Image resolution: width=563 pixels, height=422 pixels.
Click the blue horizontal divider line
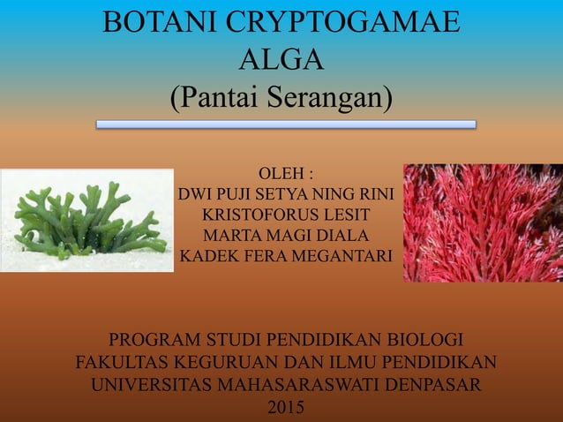(285, 124)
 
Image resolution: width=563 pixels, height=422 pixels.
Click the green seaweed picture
(86, 220)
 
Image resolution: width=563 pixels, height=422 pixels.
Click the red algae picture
(483, 222)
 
